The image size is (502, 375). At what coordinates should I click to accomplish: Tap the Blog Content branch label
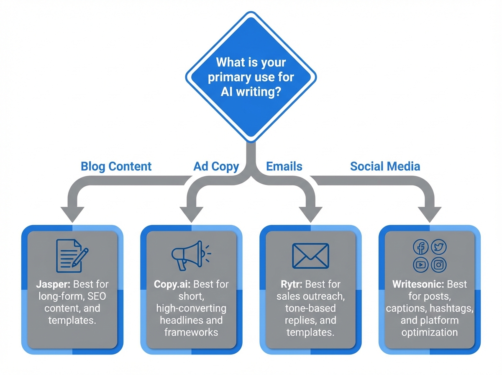coord(116,166)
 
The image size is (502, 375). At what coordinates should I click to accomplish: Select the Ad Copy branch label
coord(216,166)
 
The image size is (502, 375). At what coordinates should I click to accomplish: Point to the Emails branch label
coord(284,166)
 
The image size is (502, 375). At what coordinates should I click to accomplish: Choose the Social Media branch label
coord(385,166)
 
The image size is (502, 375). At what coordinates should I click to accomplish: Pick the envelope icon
coord(310,255)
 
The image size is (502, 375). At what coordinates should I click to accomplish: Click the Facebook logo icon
coord(421,247)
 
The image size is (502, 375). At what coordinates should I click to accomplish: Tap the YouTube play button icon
coord(421,265)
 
